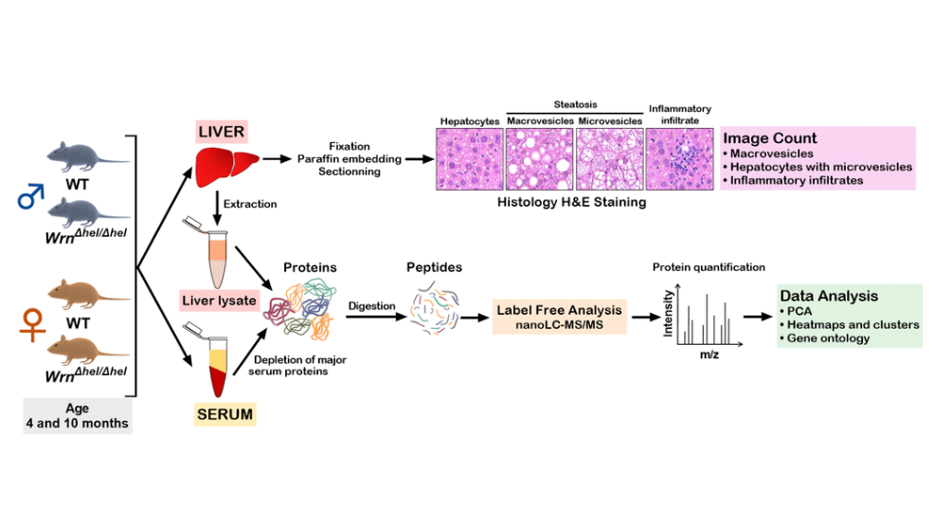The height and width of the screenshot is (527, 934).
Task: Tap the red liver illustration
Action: click(224, 164)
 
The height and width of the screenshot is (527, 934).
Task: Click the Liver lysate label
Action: click(219, 300)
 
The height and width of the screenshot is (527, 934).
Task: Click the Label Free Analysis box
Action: click(561, 317)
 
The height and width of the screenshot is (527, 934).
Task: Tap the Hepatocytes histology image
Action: click(469, 160)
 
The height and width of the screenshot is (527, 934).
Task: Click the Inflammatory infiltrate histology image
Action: click(677, 160)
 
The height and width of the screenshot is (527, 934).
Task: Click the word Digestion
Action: click(372, 306)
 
